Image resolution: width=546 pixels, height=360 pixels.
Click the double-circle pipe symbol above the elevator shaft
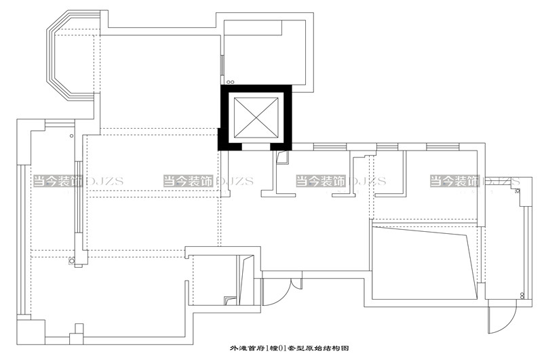click(230, 81)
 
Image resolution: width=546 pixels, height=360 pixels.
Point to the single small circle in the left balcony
click(71, 136)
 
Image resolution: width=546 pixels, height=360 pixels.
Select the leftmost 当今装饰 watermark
click(57, 181)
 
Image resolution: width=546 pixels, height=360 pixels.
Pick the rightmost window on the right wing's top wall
click(437, 146)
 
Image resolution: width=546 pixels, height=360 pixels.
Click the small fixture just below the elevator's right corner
click(283, 158)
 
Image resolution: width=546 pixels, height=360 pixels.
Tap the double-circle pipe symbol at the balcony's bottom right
click(522, 294)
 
